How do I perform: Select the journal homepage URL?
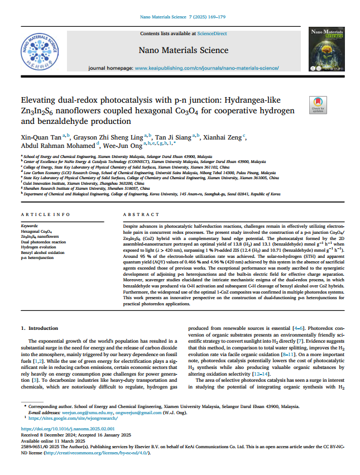[207, 68]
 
